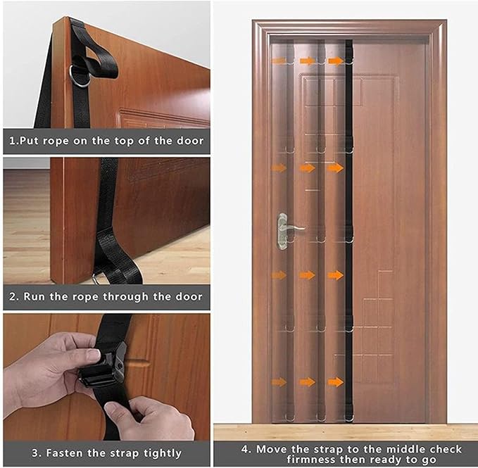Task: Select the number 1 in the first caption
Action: point(11,141)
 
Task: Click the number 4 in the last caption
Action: point(245,449)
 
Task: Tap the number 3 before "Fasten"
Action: point(35,453)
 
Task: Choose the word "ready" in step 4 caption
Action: point(386,459)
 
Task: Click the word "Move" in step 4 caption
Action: point(270,449)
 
